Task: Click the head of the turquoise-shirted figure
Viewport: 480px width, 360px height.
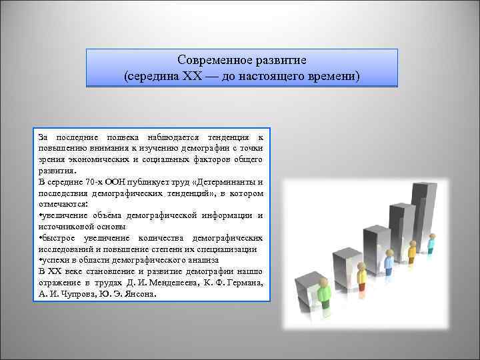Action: [432, 236]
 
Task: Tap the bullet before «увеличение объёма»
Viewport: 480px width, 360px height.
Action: [40, 215]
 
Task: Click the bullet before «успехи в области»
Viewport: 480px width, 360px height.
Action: [40, 259]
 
